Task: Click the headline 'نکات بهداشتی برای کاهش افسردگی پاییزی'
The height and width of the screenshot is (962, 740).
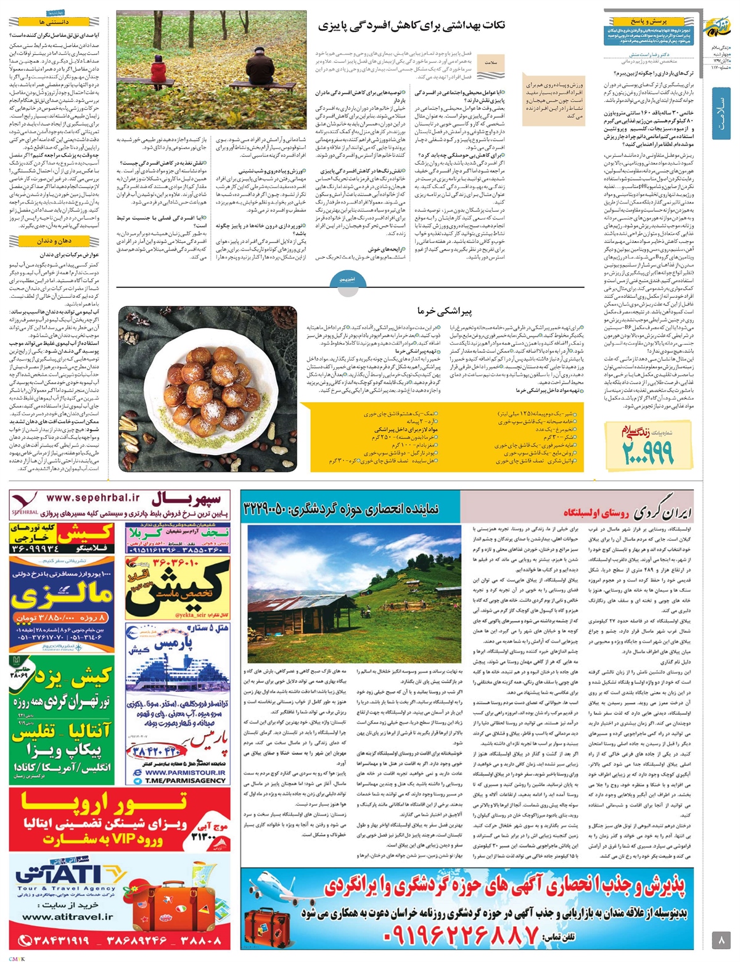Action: click(x=412, y=27)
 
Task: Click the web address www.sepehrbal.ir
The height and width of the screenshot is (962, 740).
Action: click(x=92, y=498)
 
